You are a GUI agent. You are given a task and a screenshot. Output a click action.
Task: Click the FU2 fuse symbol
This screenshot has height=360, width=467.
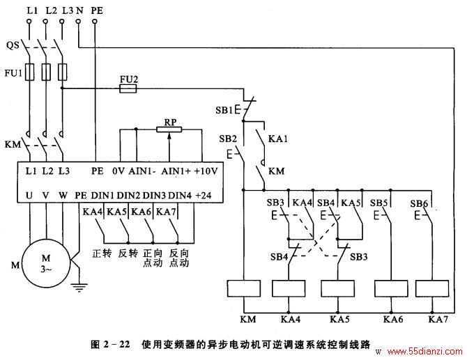click(128, 88)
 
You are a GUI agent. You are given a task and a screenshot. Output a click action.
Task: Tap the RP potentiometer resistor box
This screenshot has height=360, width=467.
click(169, 130)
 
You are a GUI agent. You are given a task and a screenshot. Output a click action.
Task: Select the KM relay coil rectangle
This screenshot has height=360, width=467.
click(244, 288)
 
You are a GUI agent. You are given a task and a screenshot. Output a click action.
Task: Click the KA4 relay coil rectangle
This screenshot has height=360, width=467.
click(289, 288)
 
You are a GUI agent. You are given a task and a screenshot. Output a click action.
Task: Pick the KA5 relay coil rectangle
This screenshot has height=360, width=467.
click(338, 288)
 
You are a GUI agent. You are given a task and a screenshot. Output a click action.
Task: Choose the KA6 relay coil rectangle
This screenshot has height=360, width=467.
click(391, 288)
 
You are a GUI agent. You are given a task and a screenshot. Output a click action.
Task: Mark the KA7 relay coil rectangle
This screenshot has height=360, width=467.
click(432, 288)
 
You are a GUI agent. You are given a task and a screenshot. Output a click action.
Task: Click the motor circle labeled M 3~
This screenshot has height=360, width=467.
click(46, 264)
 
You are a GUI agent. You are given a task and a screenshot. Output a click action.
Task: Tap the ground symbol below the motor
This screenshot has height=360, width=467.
click(79, 288)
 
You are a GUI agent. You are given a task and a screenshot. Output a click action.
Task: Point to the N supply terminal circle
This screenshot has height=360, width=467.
click(78, 22)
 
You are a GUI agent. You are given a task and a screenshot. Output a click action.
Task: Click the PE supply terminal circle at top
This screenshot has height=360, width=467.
click(95, 22)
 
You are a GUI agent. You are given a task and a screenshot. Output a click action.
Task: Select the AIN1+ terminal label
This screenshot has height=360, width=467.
click(176, 171)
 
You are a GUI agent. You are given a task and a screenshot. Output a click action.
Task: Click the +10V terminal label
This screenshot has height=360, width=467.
click(206, 171)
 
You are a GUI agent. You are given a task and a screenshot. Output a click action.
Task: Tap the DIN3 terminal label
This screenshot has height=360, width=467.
click(154, 196)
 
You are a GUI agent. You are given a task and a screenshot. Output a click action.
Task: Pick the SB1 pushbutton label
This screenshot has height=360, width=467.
click(224, 111)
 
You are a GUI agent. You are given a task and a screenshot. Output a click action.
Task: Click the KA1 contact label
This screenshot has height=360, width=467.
click(278, 139)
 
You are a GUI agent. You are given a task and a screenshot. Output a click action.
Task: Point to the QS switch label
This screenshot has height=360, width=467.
click(13, 45)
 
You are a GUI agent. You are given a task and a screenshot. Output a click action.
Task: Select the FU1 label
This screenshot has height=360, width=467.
click(13, 72)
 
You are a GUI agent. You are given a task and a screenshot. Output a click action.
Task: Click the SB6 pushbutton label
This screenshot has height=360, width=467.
click(419, 203)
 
